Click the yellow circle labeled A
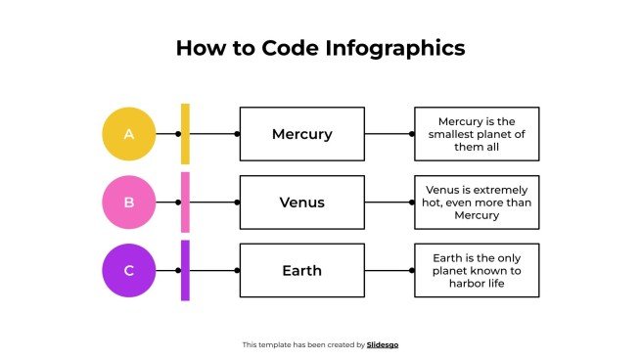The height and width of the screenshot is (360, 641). coord(129,133)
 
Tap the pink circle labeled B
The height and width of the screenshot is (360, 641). coord(129,202)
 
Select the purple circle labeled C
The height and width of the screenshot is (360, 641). coord(129,270)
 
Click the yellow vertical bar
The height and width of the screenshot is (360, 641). coord(185,133)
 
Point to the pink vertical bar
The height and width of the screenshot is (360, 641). coord(185,202)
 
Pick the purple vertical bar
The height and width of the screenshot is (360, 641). coord(185,270)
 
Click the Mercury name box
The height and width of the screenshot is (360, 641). coord(301,134)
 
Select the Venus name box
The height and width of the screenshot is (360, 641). coord(301,202)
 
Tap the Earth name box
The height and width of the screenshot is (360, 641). coord(301,270)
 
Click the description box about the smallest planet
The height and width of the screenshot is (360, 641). coord(477,134)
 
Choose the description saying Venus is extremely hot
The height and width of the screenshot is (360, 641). coord(477,202)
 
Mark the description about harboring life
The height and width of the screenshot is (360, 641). coord(477,270)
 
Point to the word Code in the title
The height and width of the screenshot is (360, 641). coord(291,48)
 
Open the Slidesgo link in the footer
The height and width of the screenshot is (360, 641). coord(383,344)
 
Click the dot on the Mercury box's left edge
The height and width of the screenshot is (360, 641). coord(238,134)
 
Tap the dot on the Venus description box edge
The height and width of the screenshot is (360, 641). coord(414,202)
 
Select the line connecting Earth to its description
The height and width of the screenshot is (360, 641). coord(389,270)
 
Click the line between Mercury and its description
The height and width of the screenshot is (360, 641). coord(389,134)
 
